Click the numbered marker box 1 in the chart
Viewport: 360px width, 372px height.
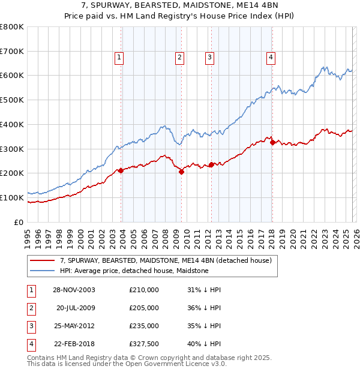pyautogui.click(x=119, y=58)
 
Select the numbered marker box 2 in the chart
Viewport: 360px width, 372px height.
pyautogui.click(x=179, y=58)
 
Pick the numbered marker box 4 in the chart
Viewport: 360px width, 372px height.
pyautogui.click(x=271, y=58)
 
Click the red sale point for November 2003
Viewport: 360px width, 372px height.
pyautogui.click(x=121, y=170)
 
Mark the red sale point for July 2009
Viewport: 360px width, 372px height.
pyautogui.click(x=181, y=172)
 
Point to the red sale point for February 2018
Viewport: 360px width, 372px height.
pyautogui.click(x=272, y=142)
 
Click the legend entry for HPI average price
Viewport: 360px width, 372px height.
pyautogui.click(x=134, y=271)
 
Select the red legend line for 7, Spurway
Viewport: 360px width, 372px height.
pyautogui.click(x=42, y=261)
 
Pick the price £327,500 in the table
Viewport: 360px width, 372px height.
pyautogui.click(x=143, y=344)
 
